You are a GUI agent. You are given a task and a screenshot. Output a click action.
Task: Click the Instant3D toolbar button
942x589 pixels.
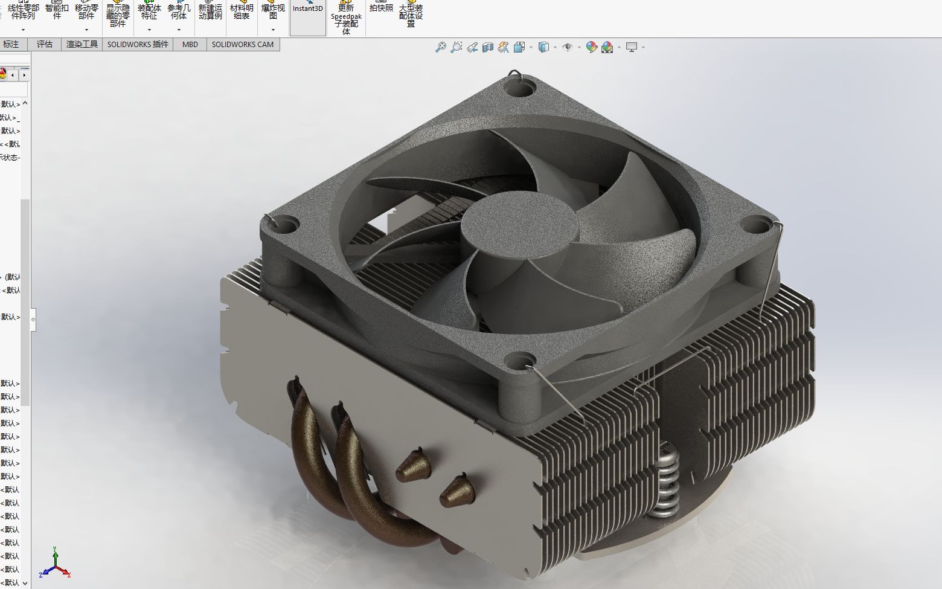pos(308,9)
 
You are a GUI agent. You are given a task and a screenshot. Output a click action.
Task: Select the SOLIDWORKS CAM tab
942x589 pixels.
pos(242,44)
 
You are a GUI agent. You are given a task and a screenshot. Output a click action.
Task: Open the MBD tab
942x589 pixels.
pos(190,44)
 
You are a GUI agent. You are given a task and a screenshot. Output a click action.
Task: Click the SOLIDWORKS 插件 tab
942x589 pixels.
pos(138,44)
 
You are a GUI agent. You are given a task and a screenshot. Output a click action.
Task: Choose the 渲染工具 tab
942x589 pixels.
pos(82,44)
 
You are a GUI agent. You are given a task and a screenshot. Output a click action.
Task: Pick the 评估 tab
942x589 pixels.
pos(45,44)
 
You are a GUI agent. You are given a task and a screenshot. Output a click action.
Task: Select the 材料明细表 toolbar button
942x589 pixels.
pos(242,12)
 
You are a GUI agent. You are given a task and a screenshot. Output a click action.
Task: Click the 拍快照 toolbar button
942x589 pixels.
pos(381,8)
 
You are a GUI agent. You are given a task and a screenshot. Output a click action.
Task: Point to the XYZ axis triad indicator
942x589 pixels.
pos(54,564)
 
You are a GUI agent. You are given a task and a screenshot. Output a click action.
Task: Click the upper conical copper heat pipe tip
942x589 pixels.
pos(414,465)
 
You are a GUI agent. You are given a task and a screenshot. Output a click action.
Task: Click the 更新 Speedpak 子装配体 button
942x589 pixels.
pos(346,18)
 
